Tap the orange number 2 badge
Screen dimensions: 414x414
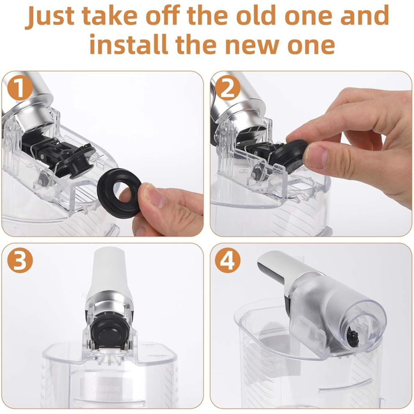227,88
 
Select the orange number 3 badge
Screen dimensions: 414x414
20,261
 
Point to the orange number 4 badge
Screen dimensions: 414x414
227,260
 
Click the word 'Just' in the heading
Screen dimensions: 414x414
50,16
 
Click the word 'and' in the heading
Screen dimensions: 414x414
365,15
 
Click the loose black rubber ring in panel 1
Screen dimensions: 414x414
119,193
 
